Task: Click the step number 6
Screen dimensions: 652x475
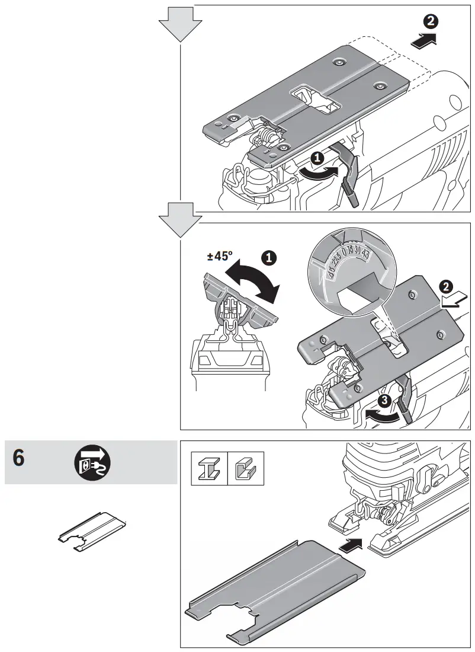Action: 19,460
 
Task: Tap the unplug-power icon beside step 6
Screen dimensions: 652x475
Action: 92,462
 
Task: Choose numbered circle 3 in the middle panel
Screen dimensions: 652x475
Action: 384,401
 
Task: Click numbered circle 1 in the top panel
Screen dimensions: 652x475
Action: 317,158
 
